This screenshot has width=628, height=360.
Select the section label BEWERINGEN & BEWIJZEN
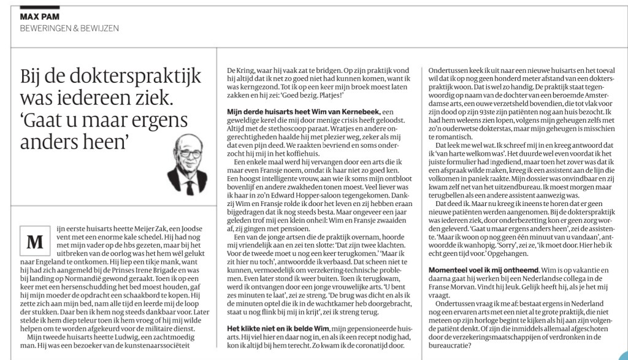[x=69, y=29]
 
